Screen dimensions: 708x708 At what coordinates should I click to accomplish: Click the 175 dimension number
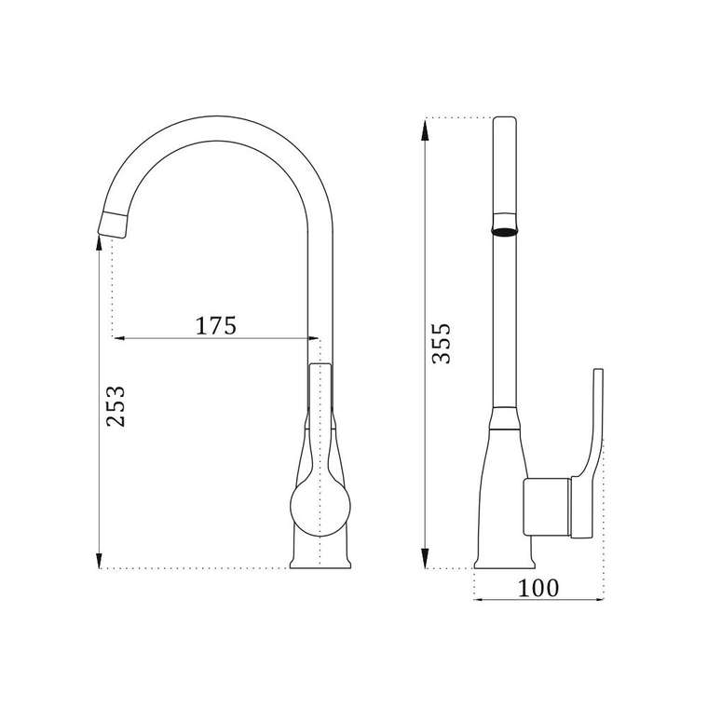(x=215, y=325)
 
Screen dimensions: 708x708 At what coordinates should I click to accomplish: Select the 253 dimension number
(x=116, y=406)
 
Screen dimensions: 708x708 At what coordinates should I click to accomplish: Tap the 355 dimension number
(x=442, y=343)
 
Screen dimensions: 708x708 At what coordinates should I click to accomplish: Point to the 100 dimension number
(x=538, y=588)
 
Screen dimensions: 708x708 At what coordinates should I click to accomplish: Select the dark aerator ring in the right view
(x=504, y=232)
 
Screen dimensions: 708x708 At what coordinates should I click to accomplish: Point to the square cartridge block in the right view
(x=547, y=507)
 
